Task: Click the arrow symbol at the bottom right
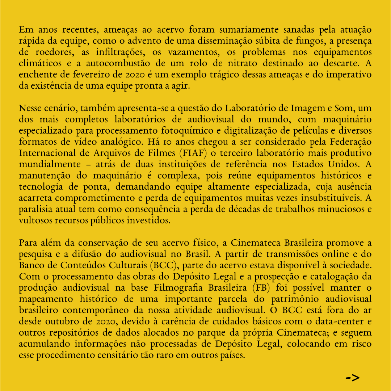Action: (x=352, y=378)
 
